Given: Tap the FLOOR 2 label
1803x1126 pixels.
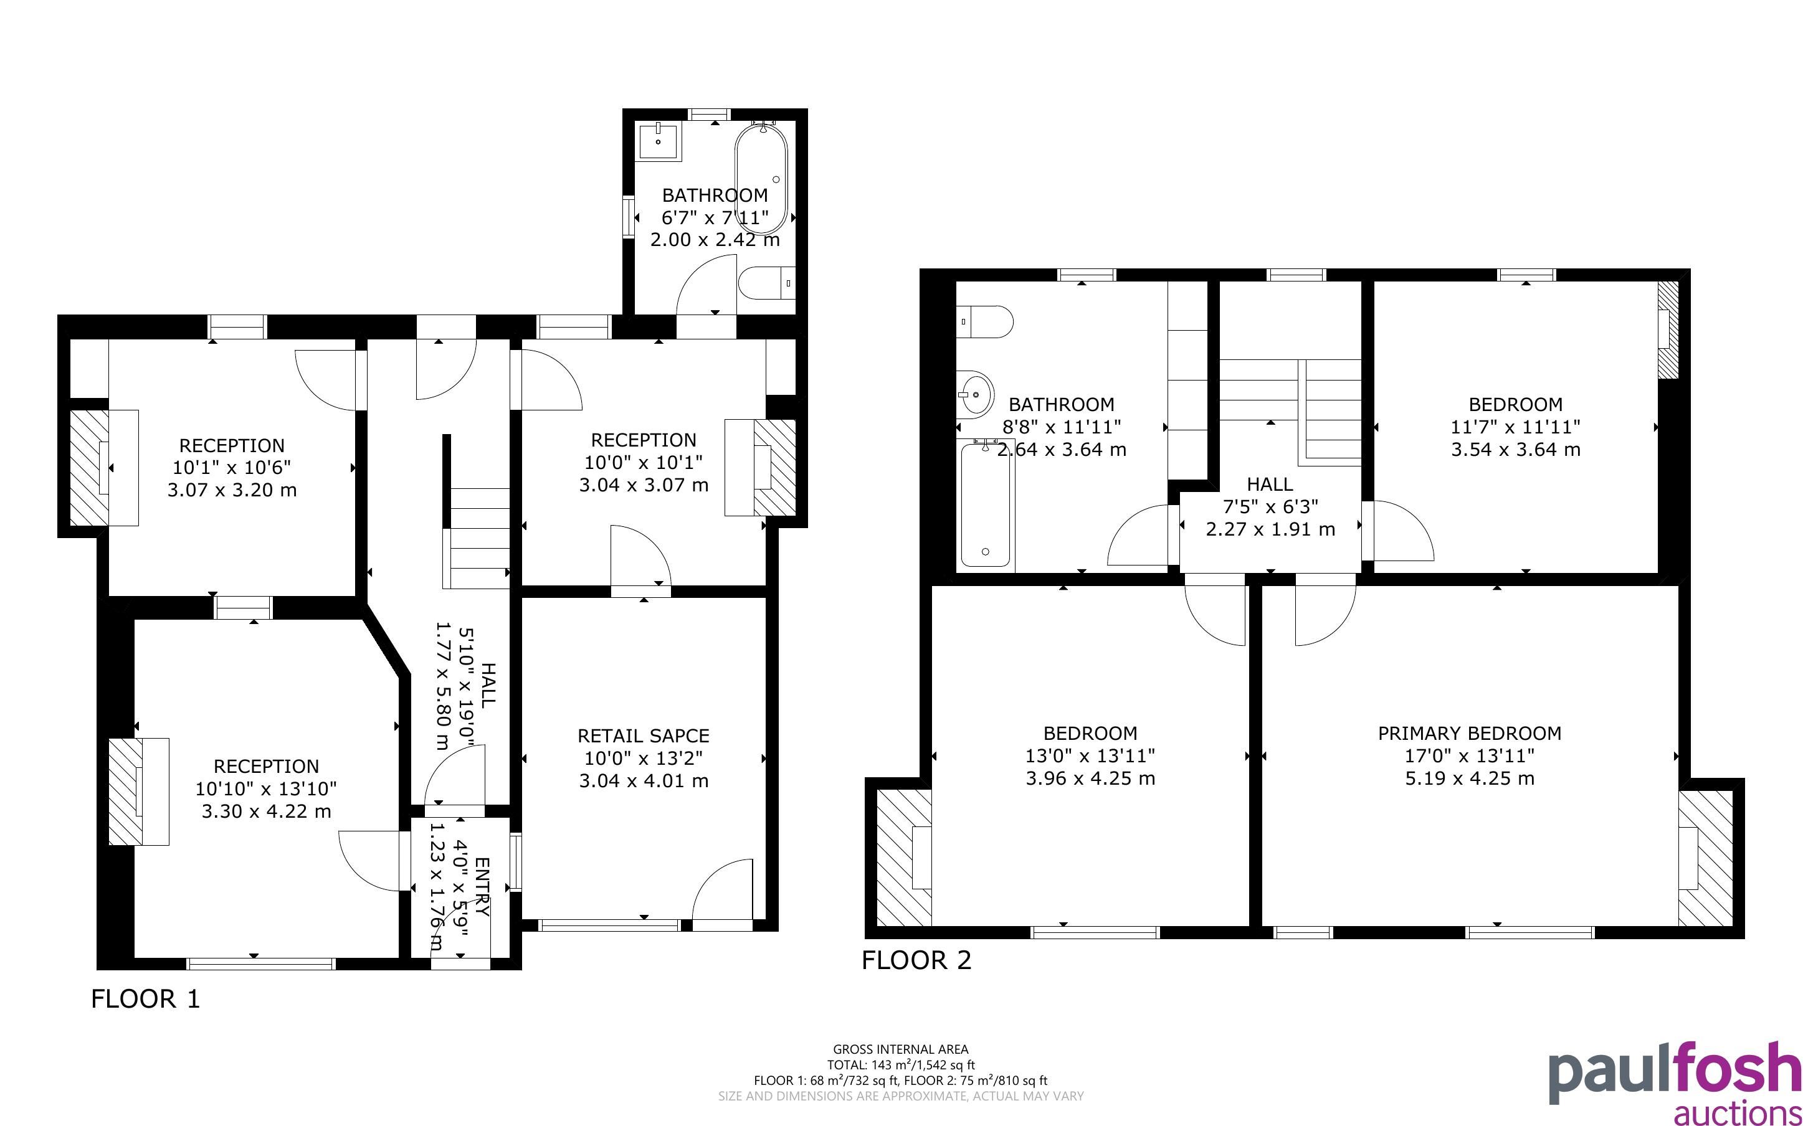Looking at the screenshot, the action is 917,960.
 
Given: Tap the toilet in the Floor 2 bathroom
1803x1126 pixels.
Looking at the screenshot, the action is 984,322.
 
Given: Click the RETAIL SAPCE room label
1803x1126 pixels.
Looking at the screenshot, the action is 644,736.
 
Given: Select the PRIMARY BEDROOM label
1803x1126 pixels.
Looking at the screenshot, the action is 1469,734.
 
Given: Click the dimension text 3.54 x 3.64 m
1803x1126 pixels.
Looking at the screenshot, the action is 1516,449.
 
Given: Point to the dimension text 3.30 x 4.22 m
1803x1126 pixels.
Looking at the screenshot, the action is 266,811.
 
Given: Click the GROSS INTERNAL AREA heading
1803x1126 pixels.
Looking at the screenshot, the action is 901,1049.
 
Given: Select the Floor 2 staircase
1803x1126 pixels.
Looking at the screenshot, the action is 1291,412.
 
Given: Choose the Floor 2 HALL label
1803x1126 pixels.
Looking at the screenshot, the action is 1270,484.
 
